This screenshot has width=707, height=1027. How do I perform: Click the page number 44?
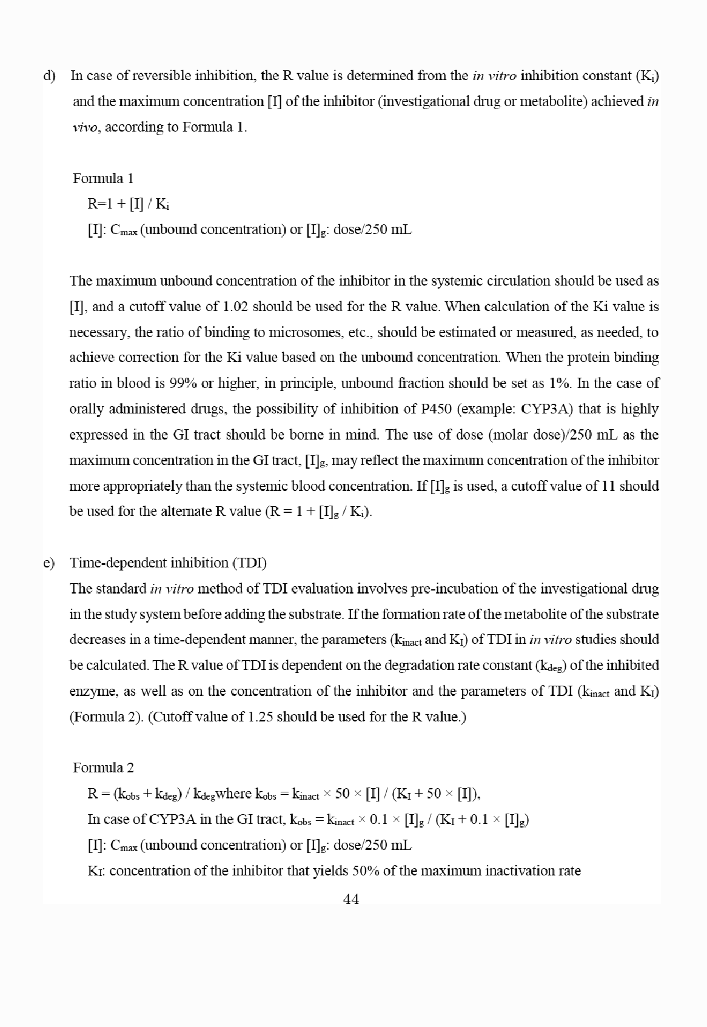(x=350, y=899)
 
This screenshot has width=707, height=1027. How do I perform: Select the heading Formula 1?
(x=102, y=178)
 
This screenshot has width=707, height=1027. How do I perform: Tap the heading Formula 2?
(x=103, y=768)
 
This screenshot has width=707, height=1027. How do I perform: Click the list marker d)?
(x=49, y=76)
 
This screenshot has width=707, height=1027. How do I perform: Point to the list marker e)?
(x=49, y=563)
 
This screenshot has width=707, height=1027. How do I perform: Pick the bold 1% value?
(x=558, y=383)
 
